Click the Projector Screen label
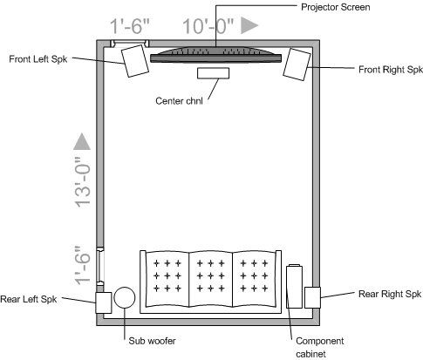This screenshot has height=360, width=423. (x=336, y=7)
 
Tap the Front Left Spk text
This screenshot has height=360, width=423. (x=38, y=59)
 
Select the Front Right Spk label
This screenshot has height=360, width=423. (x=391, y=70)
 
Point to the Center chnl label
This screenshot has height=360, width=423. (x=179, y=101)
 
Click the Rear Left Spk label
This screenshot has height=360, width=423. (x=29, y=299)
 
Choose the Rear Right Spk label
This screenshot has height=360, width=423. (x=390, y=294)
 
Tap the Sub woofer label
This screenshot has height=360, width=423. (x=152, y=341)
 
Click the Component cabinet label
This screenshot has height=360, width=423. (x=320, y=348)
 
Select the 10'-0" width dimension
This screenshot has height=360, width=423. (x=208, y=26)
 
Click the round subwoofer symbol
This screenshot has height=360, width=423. (x=125, y=297)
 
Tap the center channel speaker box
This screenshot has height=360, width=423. (x=213, y=73)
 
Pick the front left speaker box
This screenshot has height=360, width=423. (x=135, y=61)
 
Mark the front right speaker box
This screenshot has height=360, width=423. (x=297, y=65)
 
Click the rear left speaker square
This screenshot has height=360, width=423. (x=104, y=302)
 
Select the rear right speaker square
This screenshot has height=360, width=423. (x=312, y=297)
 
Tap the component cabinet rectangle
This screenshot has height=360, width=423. (x=294, y=286)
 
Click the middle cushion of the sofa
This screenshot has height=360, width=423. (x=211, y=279)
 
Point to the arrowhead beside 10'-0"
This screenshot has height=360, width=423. (x=249, y=25)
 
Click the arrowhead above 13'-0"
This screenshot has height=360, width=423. (x=82, y=141)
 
